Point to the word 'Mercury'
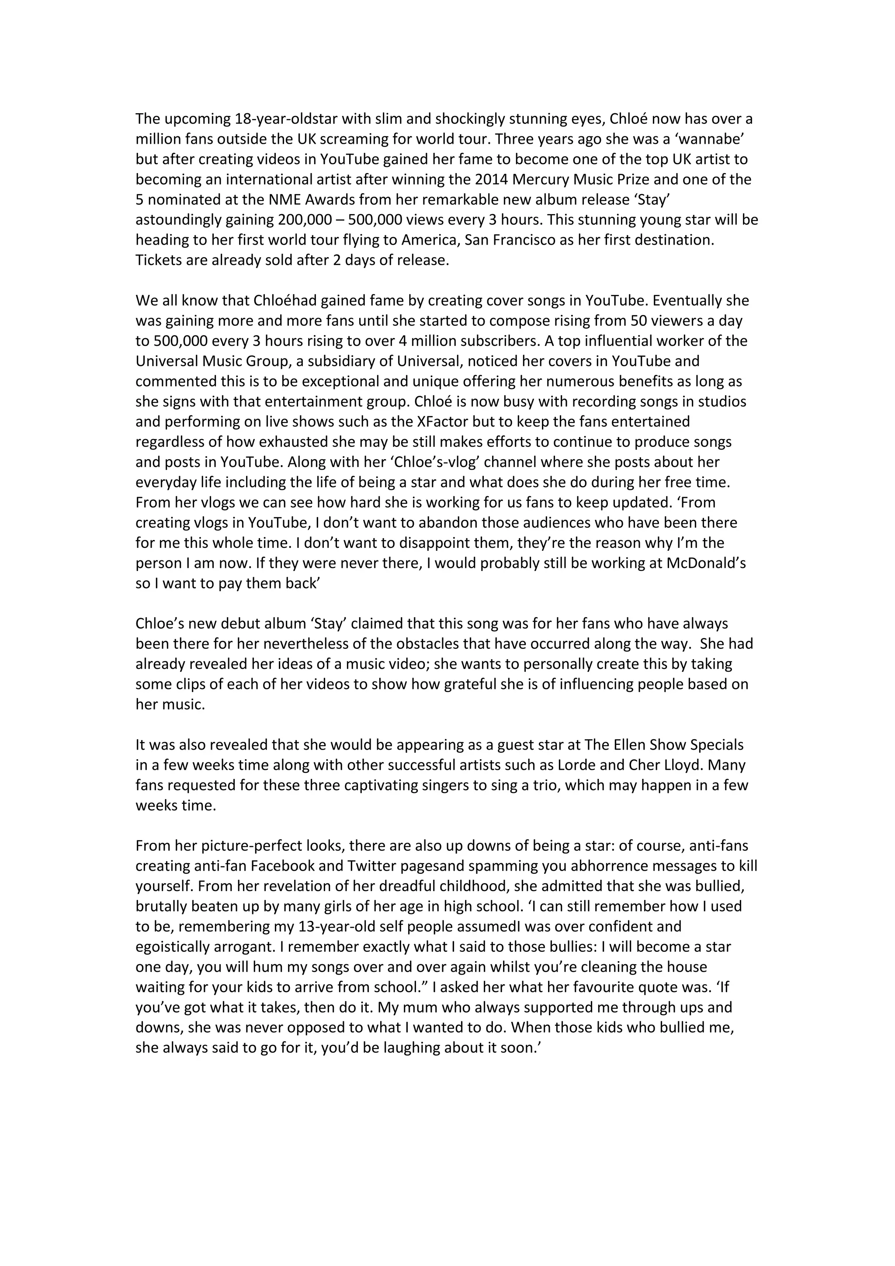tap(583, 180)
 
